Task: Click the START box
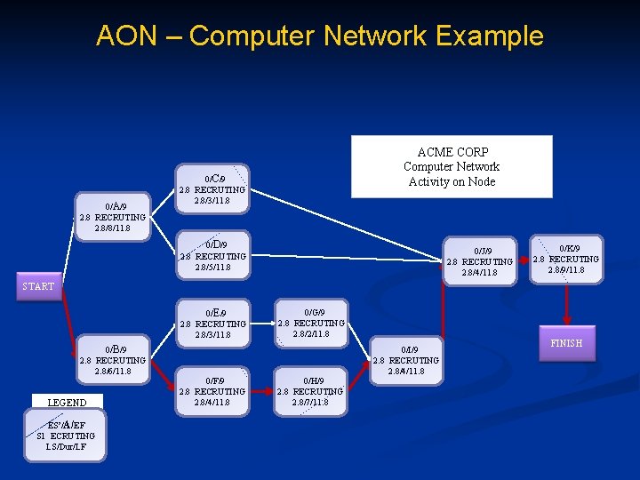[x=39, y=286]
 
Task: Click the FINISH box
[x=566, y=343]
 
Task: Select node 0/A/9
[x=112, y=217]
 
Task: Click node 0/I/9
[x=405, y=360]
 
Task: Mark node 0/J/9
[x=480, y=261]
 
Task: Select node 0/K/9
[x=567, y=259]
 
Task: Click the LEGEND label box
[x=67, y=403]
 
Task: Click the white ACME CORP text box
[x=452, y=166]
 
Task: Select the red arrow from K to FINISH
[x=567, y=305]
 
